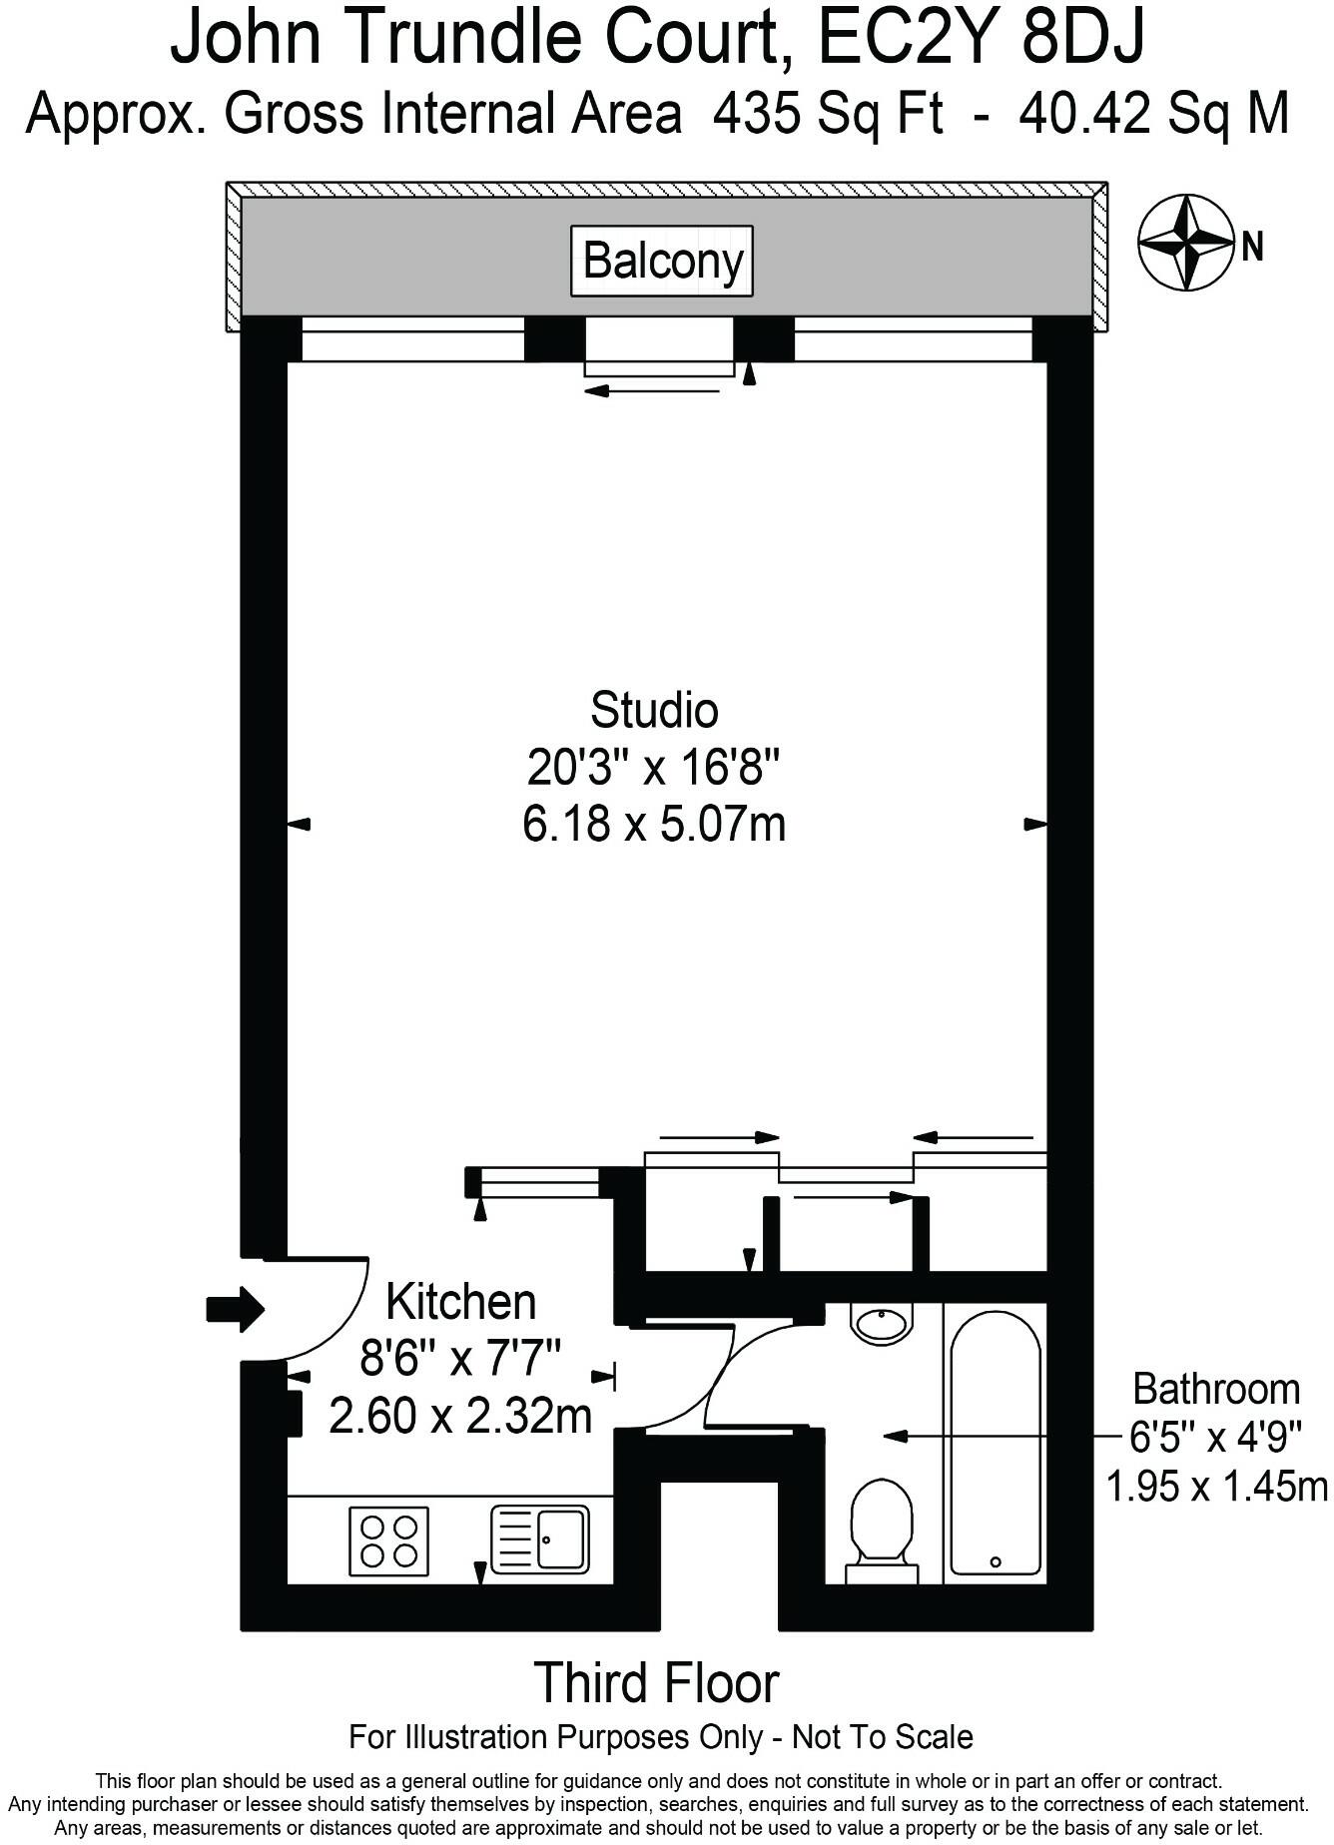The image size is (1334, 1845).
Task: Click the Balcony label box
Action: pyautogui.click(x=662, y=262)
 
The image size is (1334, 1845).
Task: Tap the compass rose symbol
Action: pyautogui.click(x=1185, y=242)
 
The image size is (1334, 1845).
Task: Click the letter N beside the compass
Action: pyautogui.click(x=1252, y=246)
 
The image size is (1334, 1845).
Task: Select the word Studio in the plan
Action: pyautogui.click(x=654, y=710)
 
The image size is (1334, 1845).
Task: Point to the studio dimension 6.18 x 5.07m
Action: pyautogui.click(x=654, y=826)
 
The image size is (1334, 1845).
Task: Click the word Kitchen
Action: pyautogui.click(x=460, y=1303)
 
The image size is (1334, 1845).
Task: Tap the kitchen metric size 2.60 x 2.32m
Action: pyautogui.click(x=460, y=1416)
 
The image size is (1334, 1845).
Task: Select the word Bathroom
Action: pyautogui.click(x=1216, y=1389)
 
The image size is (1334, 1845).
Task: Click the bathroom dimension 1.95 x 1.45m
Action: pyautogui.click(x=1216, y=1487)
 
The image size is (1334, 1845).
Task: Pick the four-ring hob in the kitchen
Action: pyautogui.click(x=388, y=1541)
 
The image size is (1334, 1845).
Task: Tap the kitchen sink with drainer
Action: pyautogui.click(x=540, y=1539)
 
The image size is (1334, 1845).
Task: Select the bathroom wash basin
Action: pyautogui.click(x=881, y=1323)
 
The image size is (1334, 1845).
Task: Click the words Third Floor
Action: pyautogui.click(x=656, y=1683)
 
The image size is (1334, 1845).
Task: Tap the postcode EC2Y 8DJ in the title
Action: pyautogui.click(x=982, y=40)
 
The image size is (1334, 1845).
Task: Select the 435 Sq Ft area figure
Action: pyautogui.click(x=827, y=113)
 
